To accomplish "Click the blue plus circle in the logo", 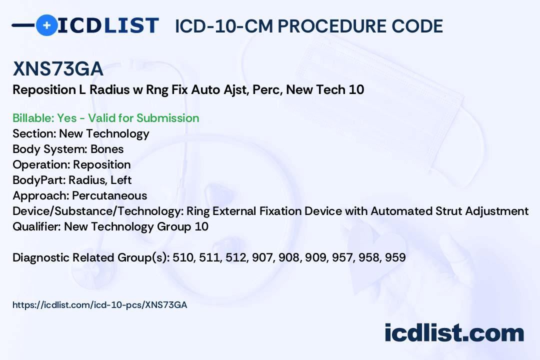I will pos(46,25).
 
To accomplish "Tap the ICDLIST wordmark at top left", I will pos(108,25).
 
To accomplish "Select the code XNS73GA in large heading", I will pos(58,69).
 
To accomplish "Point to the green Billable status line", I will pos(106,118).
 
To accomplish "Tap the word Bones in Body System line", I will pos(107,149).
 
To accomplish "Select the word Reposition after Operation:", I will pos(102,164).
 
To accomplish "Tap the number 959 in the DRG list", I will pos(395,257).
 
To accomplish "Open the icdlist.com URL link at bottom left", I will pos(100,304).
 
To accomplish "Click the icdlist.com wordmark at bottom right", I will pos(454,332).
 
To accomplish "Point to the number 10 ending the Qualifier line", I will pos(201,226).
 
